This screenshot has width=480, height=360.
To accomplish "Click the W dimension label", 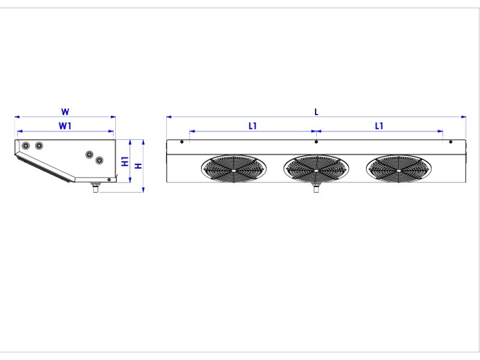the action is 65,112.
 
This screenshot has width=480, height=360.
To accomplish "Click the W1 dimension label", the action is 65,126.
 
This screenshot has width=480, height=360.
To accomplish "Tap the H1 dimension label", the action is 125,161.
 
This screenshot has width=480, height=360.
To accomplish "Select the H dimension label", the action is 139,166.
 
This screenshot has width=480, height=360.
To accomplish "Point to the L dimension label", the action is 317,112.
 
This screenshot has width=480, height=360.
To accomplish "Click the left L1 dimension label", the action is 253,126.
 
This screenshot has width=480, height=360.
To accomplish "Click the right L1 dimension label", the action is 379,126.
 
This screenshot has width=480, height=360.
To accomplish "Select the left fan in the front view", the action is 233,169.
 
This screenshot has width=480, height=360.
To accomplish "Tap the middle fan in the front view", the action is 316,169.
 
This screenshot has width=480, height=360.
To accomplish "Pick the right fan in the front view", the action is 399,169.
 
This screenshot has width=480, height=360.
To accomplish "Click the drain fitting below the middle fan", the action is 316,187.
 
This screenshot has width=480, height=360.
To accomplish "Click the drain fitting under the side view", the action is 96,187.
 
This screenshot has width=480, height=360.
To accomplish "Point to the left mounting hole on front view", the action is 182,142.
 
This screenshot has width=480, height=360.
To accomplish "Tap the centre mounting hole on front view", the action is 316,142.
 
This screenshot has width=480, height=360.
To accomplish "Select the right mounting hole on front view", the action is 451,142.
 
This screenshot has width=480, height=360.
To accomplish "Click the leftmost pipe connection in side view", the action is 26,145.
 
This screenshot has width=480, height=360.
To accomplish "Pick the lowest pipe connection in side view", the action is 99,160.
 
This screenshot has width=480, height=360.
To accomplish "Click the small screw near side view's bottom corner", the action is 109,179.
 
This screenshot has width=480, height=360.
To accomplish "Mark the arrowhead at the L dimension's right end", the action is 463,116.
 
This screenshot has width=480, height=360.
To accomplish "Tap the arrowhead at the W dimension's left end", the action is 17,116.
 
